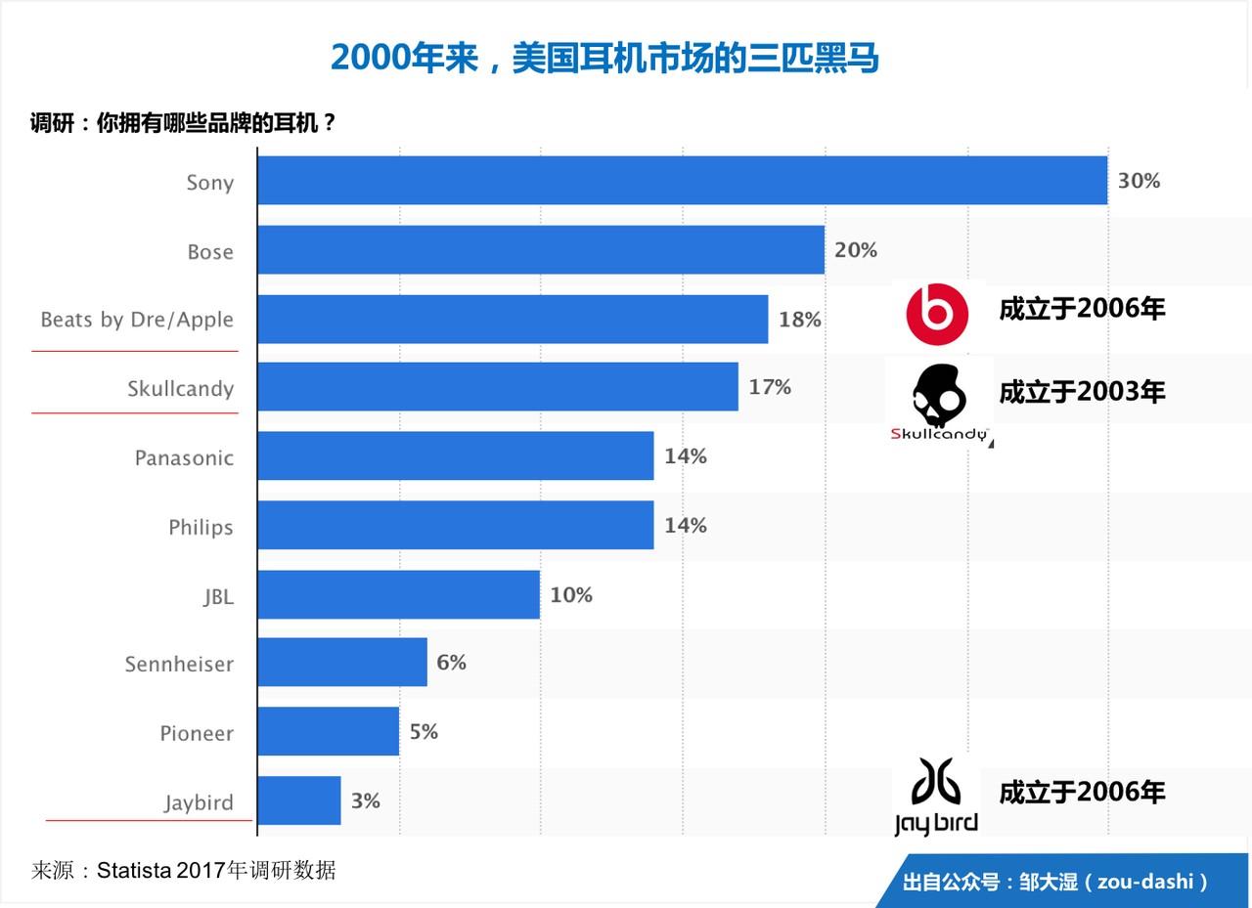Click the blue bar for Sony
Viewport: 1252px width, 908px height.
tap(682, 181)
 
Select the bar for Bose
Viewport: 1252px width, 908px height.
tap(541, 250)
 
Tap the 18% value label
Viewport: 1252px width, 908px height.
tap(799, 320)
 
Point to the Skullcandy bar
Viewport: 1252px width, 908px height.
tap(498, 387)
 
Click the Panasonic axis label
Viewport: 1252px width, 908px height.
tap(184, 457)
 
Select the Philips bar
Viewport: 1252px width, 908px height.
tap(456, 525)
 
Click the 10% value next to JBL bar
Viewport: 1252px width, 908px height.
tap(571, 594)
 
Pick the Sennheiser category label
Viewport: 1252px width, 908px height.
tap(179, 665)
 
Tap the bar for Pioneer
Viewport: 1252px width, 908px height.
tap(329, 732)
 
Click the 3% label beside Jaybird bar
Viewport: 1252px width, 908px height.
tap(365, 801)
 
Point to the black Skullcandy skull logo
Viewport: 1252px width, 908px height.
tap(938, 397)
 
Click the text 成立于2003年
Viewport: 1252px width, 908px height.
tap(1082, 392)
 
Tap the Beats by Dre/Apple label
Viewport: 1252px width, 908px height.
tap(137, 320)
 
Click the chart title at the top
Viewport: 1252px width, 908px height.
tap(604, 59)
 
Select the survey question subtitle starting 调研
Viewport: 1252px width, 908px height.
tap(183, 124)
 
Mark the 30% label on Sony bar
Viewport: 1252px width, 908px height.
tap(1139, 181)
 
